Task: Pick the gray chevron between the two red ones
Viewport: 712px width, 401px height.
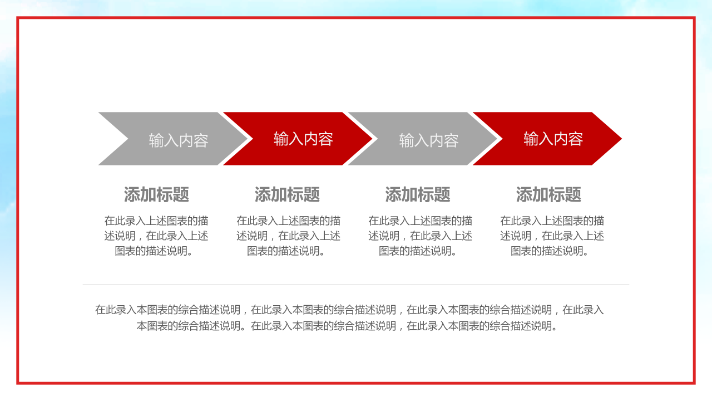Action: pyautogui.click(x=423, y=139)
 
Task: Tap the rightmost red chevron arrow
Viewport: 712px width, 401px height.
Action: pyautogui.click(x=548, y=139)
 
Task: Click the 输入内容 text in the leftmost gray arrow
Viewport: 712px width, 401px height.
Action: pyautogui.click(x=179, y=140)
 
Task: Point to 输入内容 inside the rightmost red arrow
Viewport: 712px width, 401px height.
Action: pyautogui.click(x=553, y=139)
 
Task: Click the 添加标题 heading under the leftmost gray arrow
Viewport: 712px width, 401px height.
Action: pyautogui.click(x=156, y=194)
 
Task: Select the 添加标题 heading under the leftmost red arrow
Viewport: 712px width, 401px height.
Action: pyautogui.click(x=287, y=194)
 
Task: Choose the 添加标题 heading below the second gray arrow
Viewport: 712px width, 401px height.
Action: pyautogui.click(x=418, y=194)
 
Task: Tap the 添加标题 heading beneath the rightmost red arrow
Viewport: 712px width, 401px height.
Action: pyautogui.click(x=548, y=194)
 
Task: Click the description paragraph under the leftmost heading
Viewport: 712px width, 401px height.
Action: pyautogui.click(x=156, y=236)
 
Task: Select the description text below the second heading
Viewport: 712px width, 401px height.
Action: pyautogui.click(x=288, y=236)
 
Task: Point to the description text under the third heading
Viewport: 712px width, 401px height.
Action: pyautogui.click(x=420, y=236)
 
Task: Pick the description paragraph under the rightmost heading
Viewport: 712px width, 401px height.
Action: pyautogui.click(x=552, y=236)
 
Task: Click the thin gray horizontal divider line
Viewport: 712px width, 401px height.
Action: pyautogui.click(x=356, y=285)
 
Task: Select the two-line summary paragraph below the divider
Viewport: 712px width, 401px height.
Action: pyautogui.click(x=349, y=317)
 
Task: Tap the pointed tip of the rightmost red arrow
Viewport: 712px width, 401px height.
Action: pyautogui.click(x=620, y=139)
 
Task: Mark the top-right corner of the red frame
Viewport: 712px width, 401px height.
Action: pyautogui.click(x=694, y=18)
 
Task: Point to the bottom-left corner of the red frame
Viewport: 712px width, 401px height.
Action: pyautogui.click(x=18, y=383)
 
